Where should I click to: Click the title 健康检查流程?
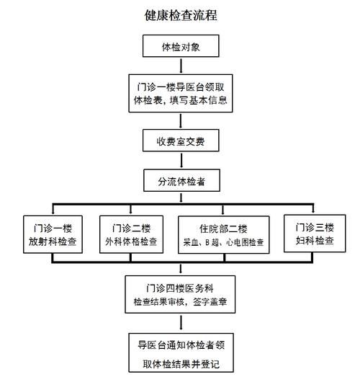(181, 15)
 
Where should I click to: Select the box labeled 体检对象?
(181, 48)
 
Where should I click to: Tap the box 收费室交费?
(181, 141)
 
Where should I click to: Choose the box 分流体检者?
(181, 181)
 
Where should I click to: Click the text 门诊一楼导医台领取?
(181, 84)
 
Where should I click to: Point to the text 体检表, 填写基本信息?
(181, 100)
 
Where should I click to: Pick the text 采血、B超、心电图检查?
(222, 241)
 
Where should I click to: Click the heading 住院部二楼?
(222, 225)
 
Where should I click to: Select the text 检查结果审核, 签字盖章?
(179, 302)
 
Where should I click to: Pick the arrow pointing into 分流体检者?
(181, 161)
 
